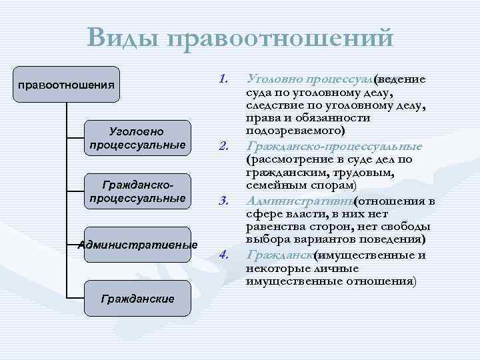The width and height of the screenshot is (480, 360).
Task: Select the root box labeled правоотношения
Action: coord(67,85)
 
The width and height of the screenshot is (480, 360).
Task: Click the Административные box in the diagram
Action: coord(138,245)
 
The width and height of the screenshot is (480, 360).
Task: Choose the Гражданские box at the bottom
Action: coord(138,298)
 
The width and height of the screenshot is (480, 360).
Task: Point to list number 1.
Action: coord(223,79)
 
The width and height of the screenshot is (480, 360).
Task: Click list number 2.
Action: coord(223,146)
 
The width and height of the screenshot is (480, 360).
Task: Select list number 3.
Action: coord(223,201)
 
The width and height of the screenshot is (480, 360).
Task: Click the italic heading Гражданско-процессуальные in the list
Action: coord(334,146)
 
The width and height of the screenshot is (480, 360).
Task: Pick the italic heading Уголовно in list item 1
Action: coord(271,79)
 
